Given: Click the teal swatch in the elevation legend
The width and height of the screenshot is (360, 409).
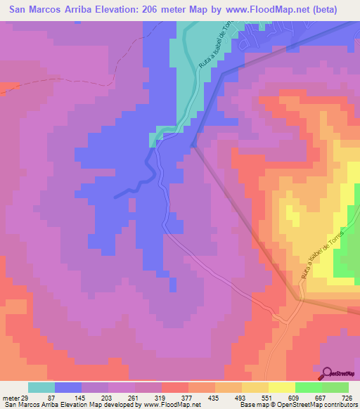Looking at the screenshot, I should [x=41, y=387].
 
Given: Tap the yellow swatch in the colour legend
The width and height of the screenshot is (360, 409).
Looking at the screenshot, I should [x=282, y=387].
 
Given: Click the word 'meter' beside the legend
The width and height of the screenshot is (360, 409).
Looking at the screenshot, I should [x=10, y=398].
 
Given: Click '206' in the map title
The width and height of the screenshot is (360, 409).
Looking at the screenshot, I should [x=178, y=10].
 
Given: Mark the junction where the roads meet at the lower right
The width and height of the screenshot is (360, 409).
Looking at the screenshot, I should [x=301, y=299].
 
